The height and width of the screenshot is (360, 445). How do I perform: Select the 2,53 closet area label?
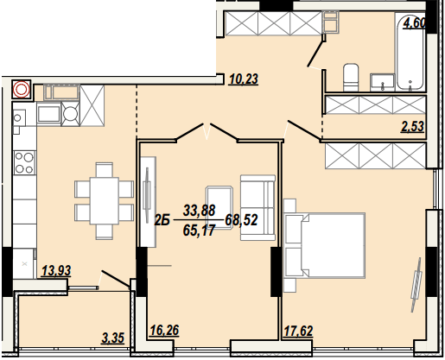click(412, 129)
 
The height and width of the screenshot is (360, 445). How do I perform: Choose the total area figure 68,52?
click(242, 220)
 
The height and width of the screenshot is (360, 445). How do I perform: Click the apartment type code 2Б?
click(162, 220)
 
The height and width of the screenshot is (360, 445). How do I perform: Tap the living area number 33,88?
click(199, 210)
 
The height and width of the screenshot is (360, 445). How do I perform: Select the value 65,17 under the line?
click(199, 231)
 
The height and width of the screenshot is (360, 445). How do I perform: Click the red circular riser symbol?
click(22, 89)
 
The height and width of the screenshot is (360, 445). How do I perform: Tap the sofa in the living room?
click(257, 206)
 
